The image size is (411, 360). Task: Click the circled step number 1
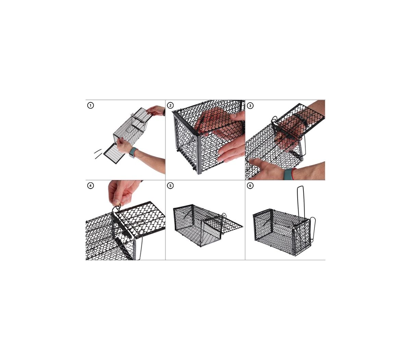coord(91,105)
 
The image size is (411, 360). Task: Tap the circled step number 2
coord(170,105)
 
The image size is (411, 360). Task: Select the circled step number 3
coord(250,105)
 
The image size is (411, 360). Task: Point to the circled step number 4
coord(91,185)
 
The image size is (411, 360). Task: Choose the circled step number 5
coord(170,185)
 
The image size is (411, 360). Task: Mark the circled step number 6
coord(250,185)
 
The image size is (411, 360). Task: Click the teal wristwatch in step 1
coord(133,152)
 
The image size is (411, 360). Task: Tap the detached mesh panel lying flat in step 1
coord(113,153)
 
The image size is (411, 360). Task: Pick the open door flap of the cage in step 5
coord(225,224)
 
